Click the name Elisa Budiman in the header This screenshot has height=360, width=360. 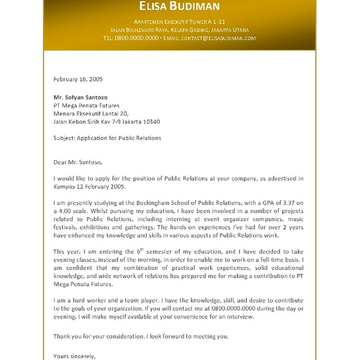click(x=180, y=7)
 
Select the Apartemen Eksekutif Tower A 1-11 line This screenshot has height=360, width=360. click(x=180, y=21)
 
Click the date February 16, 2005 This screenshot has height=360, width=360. click(x=78, y=79)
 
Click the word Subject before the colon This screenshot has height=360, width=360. click(x=63, y=138)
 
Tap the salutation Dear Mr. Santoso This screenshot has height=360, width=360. click(x=78, y=162)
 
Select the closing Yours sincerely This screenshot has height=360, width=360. click(x=74, y=355)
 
